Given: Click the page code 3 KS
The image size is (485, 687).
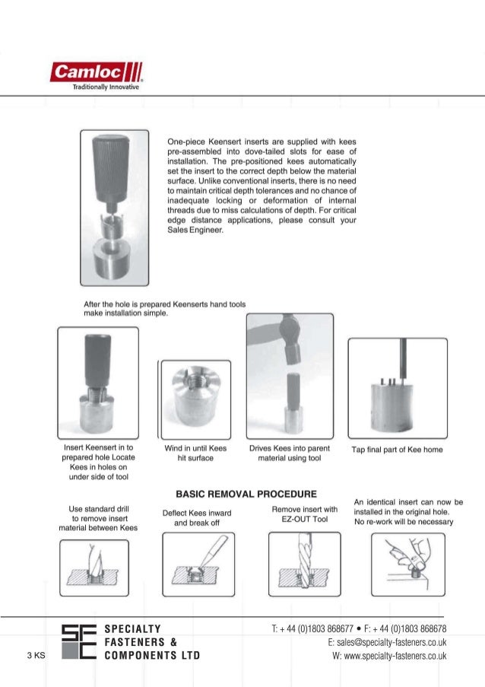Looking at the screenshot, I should click(x=36, y=655).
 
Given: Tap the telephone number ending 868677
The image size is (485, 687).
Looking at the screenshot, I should click(x=315, y=628).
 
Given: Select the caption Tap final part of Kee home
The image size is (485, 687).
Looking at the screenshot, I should click(x=397, y=450).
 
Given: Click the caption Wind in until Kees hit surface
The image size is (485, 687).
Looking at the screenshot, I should click(x=195, y=453).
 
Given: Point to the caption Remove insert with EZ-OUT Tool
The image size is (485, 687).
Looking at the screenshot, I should click(x=303, y=514).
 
